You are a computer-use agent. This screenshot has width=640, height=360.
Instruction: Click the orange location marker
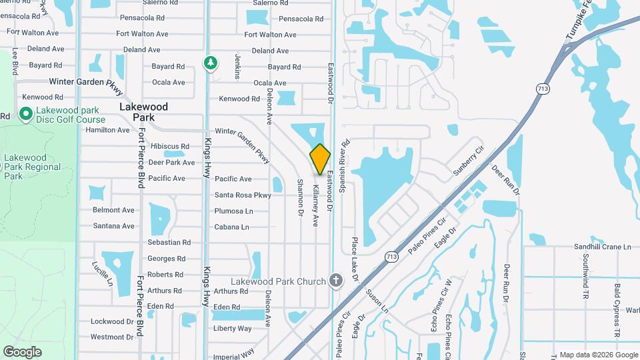click(321, 159)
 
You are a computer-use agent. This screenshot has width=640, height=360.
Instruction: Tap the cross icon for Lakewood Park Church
click(335, 281)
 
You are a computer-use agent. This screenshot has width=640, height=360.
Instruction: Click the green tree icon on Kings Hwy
click(211, 63)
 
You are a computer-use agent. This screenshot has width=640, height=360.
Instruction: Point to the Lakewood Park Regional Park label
click(32, 167)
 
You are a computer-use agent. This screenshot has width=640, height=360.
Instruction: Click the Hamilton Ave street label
click(107, 130)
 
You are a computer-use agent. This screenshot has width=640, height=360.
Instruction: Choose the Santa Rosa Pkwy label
click(243, 195)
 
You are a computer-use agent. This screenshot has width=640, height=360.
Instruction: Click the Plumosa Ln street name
click(233, 211)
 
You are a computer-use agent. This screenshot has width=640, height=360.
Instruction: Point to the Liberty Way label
click(232, 328)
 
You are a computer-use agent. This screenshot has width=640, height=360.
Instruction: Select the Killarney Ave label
click(315, 203)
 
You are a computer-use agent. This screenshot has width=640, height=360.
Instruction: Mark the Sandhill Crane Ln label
click(602, 247)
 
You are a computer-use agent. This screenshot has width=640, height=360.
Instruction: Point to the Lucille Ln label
click(102, 273)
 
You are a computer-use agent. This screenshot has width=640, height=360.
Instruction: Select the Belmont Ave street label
click(113, 210)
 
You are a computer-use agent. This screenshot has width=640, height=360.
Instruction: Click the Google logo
click(22, 351)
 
